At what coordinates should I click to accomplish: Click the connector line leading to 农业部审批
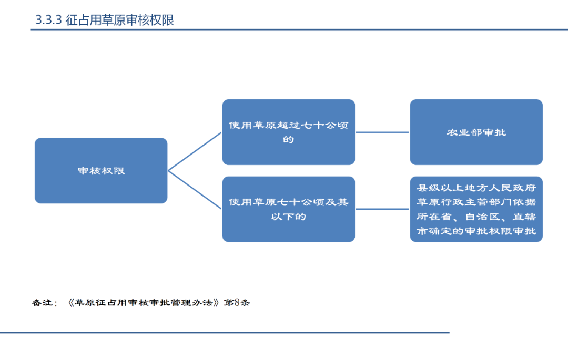[x=382, y=132]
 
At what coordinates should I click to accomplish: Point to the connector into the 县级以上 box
[x=382, y=209]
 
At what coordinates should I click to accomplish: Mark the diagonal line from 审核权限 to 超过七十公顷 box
[x=195, y=151]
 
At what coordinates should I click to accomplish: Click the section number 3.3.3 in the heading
[x=48, y=20]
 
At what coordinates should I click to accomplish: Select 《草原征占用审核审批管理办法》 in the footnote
[x=143, y=303]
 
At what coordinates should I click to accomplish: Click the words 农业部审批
[x=476, y=132]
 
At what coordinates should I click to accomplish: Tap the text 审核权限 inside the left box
[x=101, y=171]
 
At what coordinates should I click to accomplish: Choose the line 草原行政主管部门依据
[x=476, y=202]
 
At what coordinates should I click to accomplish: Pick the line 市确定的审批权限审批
[x=476, y=231]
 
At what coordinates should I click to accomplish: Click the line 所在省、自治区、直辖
[x=476, y=217]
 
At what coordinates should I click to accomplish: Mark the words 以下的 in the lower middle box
[x=288, y=217]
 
